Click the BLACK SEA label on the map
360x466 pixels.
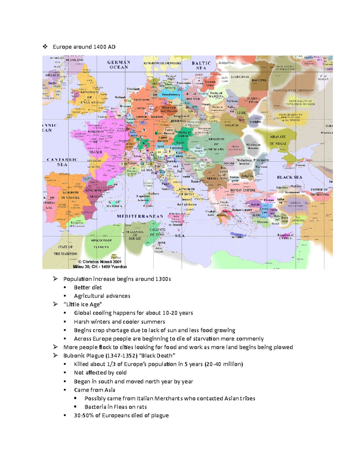pyautogui.click(x=289, y=177)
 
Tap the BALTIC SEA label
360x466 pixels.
pyautogui.click(x=201, y=65)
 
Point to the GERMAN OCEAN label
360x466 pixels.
pyautogui.click(x=119, y=65)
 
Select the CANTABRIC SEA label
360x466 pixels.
pyautogui.click(x=62, y=162)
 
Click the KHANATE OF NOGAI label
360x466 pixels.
pyautogui.click(x=278, y=140)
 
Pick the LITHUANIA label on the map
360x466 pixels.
pyautogui.click(x=240, y=77)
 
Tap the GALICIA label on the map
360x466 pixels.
pyautogui.click(x=232, y=125)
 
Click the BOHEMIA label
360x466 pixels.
pyautogui.click(x=178, y=121)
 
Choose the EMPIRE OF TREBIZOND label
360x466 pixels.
pyautogui.click(x=319, y=192)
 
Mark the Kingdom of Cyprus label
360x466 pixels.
pyautogui.click(x=285, y=236)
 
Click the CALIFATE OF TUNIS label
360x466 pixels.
pyautogui.click(x=157, y=232)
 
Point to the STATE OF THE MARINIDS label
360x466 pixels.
pyautogui.click(x=65, y=250)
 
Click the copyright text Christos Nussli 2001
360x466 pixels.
pyautogui.click(x=100, y=262)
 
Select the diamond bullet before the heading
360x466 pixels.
pyautogui.click(x=45, y=47)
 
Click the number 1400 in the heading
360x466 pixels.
pyautogui.click(x=99, y=47)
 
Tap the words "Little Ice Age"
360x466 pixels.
pyautogui.click(x=83, y=304)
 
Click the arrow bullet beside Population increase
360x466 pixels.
pyautogui.click(x=55, y=279)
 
